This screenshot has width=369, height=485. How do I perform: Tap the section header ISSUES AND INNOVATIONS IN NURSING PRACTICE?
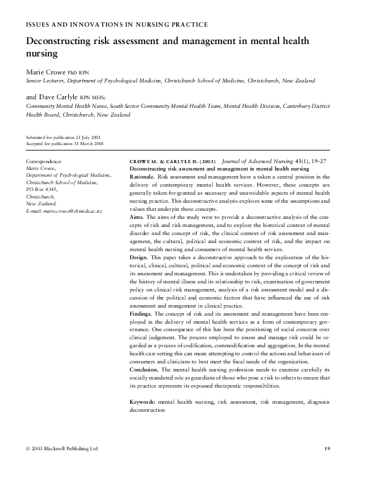pos(116,24)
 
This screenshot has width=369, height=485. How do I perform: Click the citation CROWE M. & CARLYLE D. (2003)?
pos(172,161)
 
